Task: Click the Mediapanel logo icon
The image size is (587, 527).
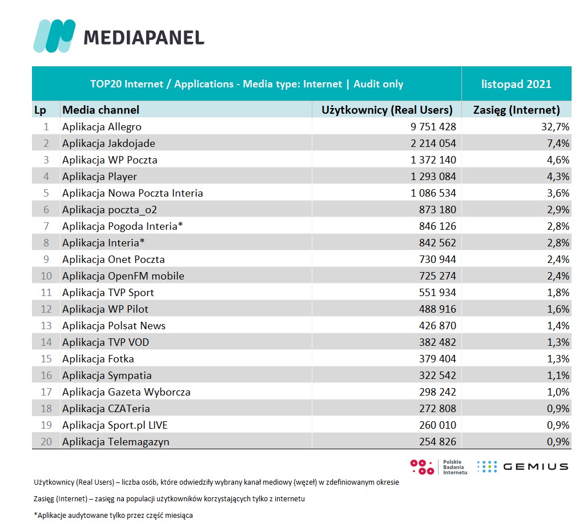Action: (x=54, y=36)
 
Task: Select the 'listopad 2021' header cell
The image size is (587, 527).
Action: (x=516, y=84)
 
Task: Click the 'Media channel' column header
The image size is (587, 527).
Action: (x=100, y=110)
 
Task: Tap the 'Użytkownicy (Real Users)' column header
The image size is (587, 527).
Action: (x=387, y=110)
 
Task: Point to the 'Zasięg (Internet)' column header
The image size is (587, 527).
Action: (x=517, y=110)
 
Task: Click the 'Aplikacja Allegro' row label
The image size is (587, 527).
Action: (x=102, y=127)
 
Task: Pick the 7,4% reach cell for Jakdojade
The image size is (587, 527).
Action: (x=557, y=143)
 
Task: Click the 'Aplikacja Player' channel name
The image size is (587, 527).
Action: (x=99, y=177)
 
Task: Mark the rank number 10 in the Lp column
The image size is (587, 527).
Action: (x=46, y=276)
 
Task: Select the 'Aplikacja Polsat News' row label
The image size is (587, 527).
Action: (x=114, y=326)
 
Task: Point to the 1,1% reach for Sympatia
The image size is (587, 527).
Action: (x=557, y=376)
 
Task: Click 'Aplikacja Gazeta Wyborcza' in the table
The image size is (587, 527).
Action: (x=126, y=392)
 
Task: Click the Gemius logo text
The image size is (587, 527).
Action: (x=536, y=466)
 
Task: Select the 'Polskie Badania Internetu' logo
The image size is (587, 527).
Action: (x=440, y=466)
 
